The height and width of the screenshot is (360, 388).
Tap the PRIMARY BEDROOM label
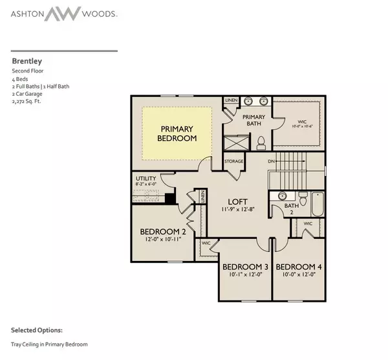coord(177,133)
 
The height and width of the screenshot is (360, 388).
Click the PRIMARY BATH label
coord(253,121)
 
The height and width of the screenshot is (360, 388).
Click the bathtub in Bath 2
coord(316,205)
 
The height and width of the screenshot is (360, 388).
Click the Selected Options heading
coord(37,330)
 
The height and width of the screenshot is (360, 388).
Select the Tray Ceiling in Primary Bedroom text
coord(49,344)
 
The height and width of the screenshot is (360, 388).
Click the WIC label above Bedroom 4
coord(308,224)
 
